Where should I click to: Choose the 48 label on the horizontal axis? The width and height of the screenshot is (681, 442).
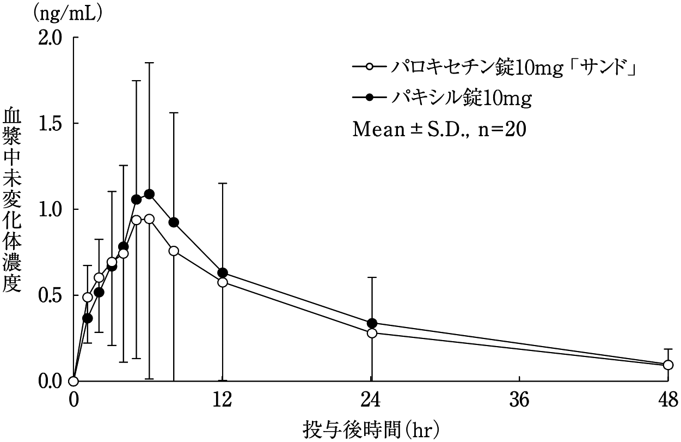point(668,401)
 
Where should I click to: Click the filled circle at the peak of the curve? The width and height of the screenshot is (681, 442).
point(149,194)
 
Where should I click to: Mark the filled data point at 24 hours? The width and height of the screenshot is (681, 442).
point(372,323)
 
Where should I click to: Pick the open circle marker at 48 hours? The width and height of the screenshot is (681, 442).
point(668,365)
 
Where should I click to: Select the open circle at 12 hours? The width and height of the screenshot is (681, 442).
point(223,282)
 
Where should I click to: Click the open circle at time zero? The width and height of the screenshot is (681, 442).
point(74,381)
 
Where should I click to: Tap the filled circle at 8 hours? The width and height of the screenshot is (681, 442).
point(174,222)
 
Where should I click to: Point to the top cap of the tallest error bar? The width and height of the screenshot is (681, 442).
point(149,63)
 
